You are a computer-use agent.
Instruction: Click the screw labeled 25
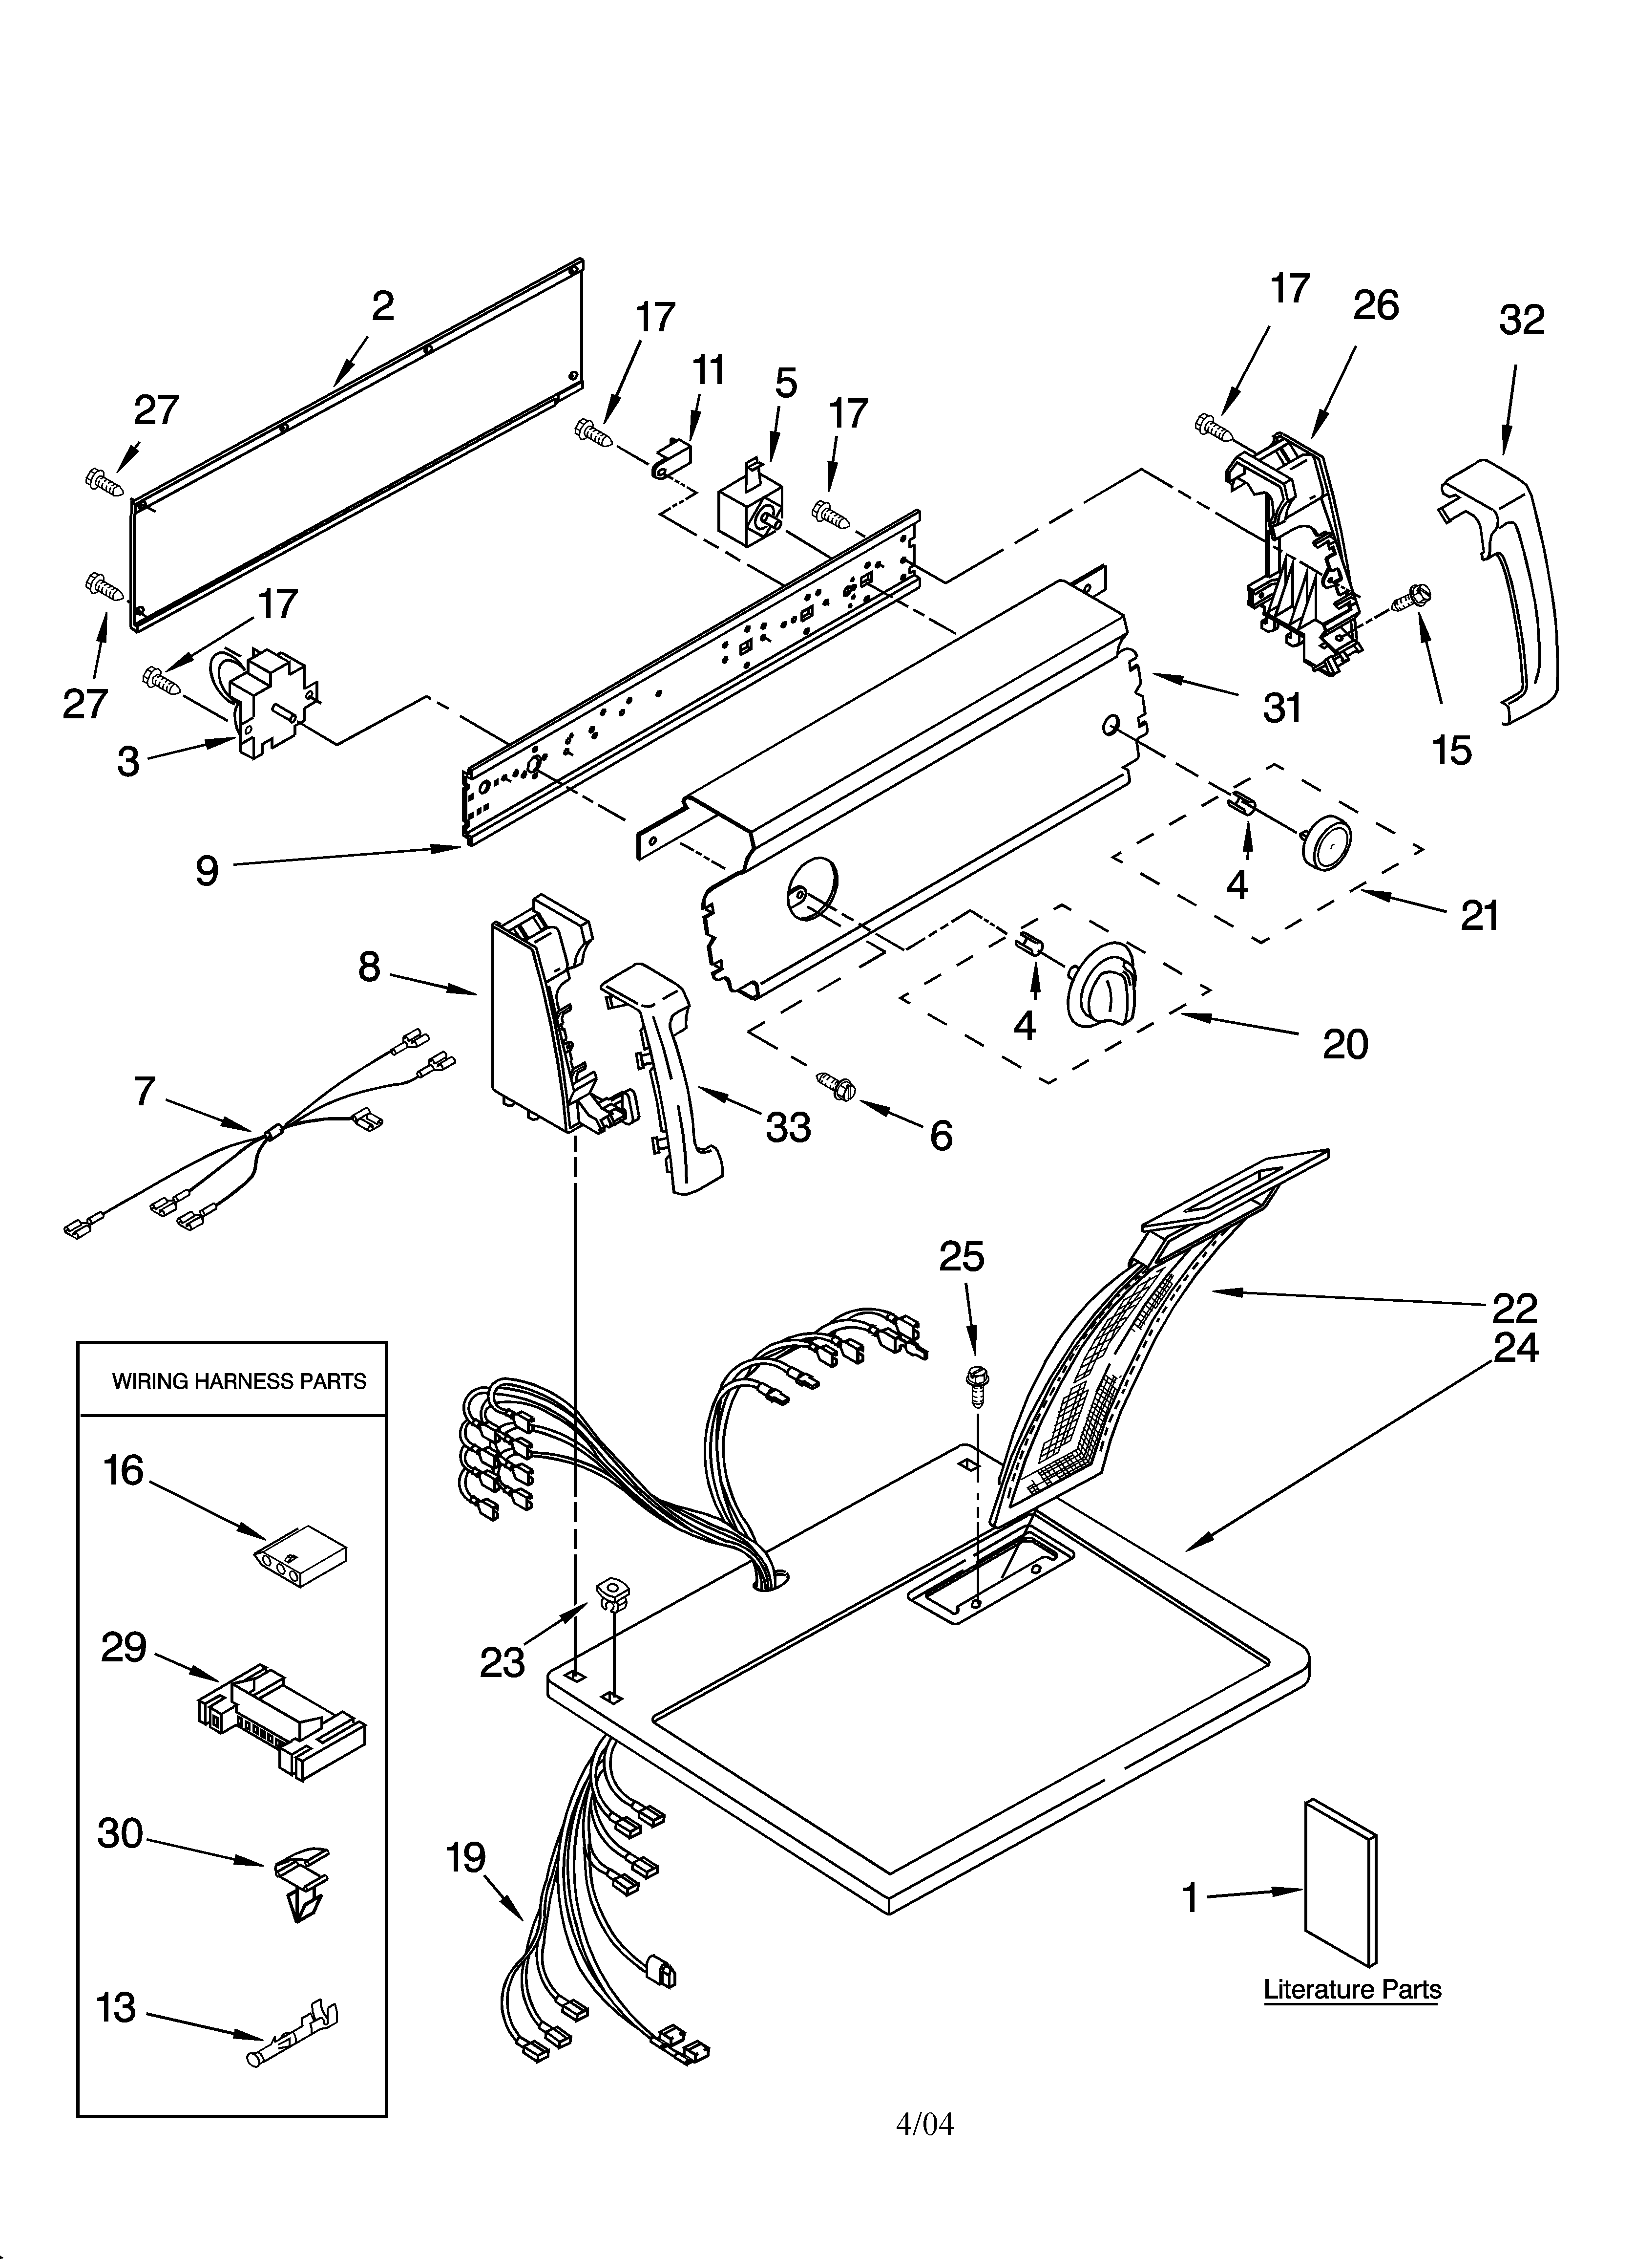(x=976, y=1383)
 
